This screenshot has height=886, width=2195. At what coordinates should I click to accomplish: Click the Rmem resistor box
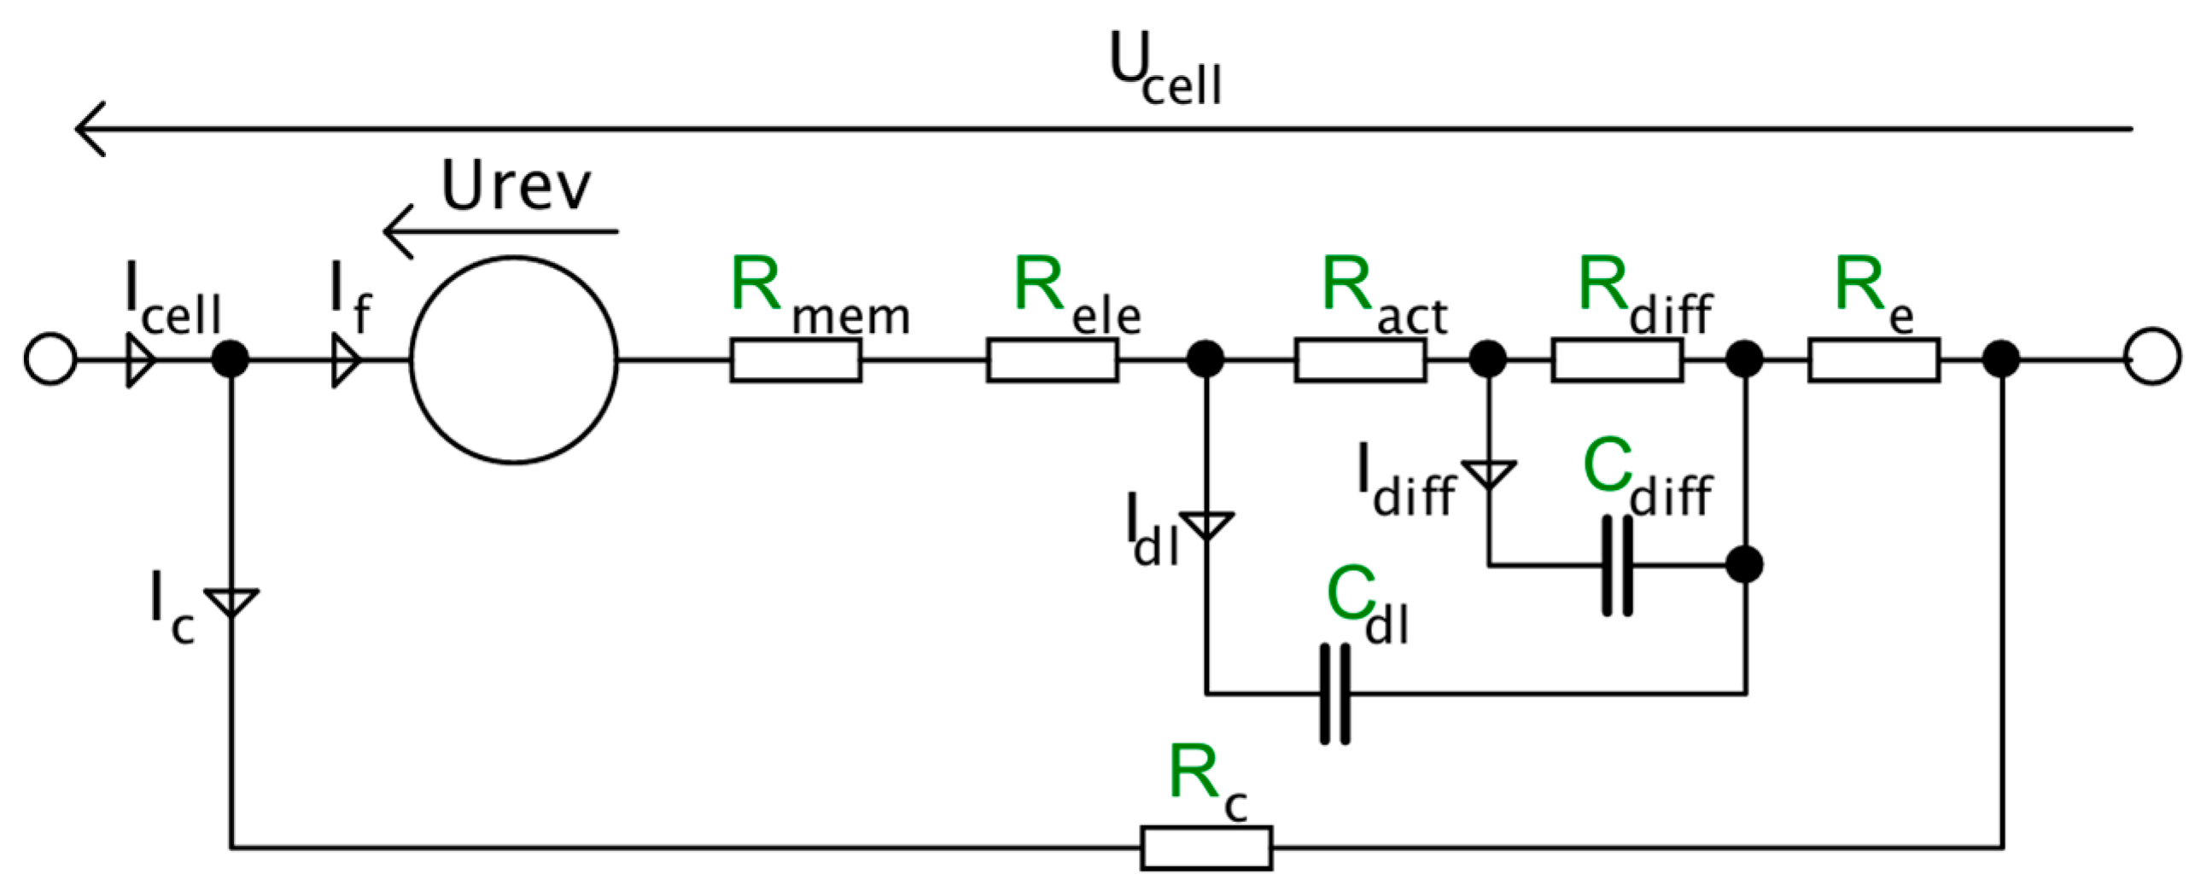click(795, 360)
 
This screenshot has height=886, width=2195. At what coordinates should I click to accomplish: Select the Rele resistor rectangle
click(1052, 360)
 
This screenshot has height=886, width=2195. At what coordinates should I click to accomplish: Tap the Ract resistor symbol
click(1360, 360)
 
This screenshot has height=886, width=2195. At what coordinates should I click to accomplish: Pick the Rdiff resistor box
click(1617, 360)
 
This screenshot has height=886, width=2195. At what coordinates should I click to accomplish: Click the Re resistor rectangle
click(1874, 360)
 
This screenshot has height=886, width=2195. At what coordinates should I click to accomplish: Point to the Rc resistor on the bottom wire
click(1205, 848)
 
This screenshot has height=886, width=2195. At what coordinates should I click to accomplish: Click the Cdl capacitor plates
click(1335, 694)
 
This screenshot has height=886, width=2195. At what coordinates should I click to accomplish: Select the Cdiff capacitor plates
click(1617, 565)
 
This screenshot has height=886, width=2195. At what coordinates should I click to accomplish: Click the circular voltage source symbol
click(514, 360)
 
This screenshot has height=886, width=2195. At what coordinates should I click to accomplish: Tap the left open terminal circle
click(50, 358)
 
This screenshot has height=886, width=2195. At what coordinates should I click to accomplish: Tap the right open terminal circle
click(2152, 357)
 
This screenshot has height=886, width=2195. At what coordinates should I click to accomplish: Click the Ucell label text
click(1165, 70)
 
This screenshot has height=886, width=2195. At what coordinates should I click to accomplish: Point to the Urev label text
click(516, 185)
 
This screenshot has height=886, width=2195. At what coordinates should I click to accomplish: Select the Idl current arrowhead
click(1205, 524)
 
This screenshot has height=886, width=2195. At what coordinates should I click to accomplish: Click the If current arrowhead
click(345, 360)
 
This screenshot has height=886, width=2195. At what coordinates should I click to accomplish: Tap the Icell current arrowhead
click(140, 360)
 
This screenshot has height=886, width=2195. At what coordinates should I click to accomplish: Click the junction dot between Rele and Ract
click(1205, 359)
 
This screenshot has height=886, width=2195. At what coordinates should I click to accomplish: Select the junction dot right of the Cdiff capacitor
click(1744, 565)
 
